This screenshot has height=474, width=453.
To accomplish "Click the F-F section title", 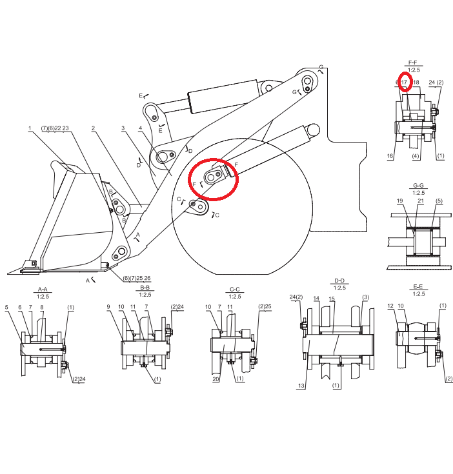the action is pos(413,63).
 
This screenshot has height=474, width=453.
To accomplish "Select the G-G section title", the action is pos(418,185).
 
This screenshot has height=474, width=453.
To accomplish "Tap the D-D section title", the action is pos(339,281).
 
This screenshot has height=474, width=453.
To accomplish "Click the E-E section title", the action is pos(418,286).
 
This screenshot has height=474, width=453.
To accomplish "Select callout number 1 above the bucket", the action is pos(30,128).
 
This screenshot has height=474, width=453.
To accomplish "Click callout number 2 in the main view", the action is pos(93,128).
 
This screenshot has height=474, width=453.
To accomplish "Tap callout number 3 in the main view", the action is pos(123,128).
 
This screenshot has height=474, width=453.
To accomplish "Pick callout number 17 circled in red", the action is pos(405,83).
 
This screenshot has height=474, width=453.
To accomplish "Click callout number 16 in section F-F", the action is pos(390,156).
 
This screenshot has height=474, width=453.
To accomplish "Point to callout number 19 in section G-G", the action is pos(400,201).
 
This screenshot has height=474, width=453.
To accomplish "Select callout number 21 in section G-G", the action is pos(421,201).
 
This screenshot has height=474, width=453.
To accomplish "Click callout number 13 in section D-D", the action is pos(301,386).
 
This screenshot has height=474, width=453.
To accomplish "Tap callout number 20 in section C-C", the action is pos(216,379).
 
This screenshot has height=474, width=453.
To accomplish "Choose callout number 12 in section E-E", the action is pos(390,306).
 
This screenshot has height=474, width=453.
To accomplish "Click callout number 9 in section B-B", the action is pos(108,307).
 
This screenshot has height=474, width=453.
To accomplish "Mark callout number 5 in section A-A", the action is pos(6,308).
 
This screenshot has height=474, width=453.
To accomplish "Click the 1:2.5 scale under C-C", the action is pos(235,297).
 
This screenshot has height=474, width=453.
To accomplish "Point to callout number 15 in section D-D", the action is pos(332,299).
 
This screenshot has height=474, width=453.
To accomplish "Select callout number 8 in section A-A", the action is pos(42,308).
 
